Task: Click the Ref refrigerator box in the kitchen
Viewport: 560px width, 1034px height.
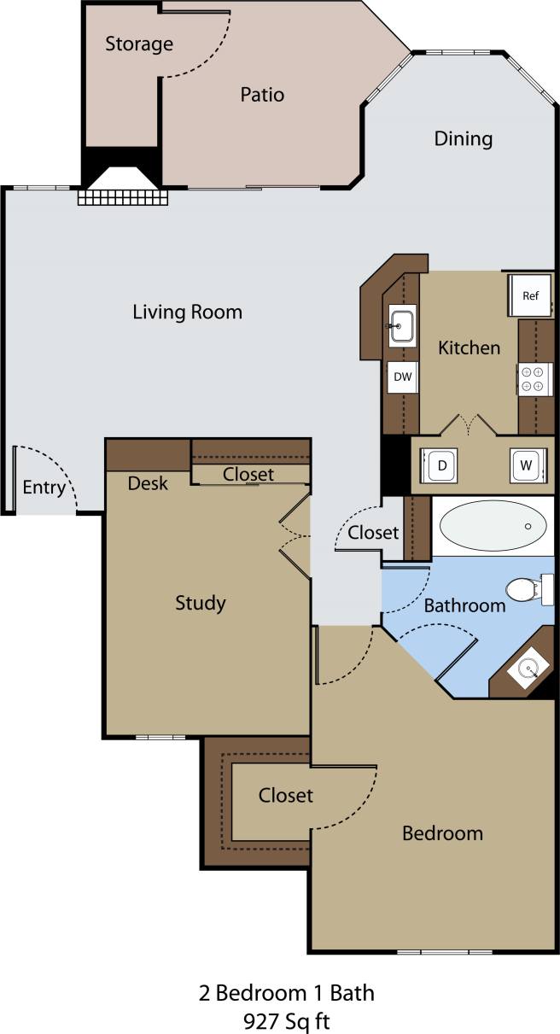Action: point(530,296)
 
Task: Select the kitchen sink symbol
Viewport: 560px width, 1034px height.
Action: point(402,324)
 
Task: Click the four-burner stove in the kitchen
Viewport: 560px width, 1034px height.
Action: point(533,379)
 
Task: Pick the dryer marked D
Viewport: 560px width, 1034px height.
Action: point(441,466)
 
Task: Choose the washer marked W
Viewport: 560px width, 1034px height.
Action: point(524,466)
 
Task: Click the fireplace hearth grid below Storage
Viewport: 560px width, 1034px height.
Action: point(122,196)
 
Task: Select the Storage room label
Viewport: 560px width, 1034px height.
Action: point(139,44)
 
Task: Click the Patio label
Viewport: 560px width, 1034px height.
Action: point(262,95)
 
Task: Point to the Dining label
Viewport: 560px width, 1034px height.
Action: point(464,138)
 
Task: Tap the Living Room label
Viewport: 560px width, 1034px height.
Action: point(187,312)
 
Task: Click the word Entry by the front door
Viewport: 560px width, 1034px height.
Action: point(44,488)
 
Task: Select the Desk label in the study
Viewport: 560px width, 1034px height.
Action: point(148,483)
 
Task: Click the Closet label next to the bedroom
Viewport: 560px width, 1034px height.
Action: point(286,795)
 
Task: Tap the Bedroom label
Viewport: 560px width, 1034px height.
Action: point(442,832)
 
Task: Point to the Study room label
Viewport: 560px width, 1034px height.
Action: point(201,603)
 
